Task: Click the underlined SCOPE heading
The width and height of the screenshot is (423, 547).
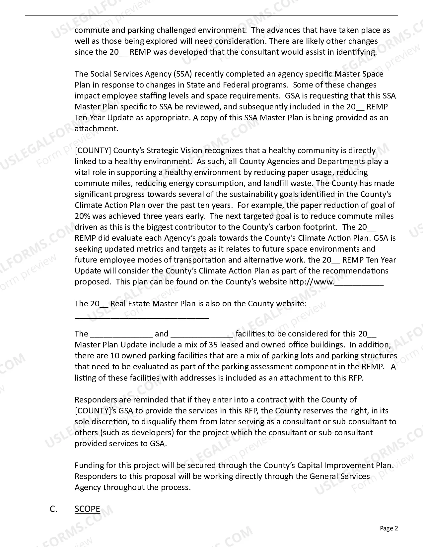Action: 87,509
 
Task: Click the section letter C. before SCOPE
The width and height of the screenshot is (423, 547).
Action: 53,509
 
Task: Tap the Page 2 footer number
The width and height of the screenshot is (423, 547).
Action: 389,528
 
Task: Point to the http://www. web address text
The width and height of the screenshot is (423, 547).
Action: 312,282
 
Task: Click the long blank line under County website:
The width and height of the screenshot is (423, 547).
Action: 142,317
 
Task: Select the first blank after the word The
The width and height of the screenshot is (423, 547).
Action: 121,334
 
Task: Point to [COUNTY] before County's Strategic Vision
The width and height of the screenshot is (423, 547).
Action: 93,151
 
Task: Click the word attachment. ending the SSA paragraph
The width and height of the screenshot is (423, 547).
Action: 97,129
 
